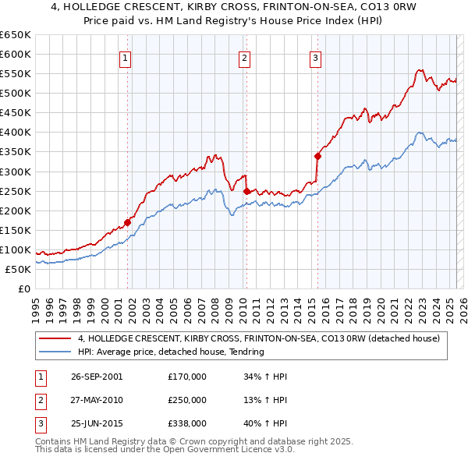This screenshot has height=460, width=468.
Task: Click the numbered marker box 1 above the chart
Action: (x=126, y=57)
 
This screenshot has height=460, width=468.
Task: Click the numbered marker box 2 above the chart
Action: (x=244, y=57)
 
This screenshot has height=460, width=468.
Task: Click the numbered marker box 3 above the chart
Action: (x=315, y=57)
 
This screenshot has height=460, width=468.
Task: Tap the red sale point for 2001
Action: (x=127, y=222)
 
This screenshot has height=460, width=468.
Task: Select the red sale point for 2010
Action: (x=246, y=191)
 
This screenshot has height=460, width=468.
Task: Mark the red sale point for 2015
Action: (x=317, y=156)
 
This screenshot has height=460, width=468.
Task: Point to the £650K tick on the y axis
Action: (x=16, y=35)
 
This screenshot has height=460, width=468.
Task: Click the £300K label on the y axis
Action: (x=16, y=172)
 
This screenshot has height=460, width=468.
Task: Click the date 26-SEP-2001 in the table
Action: (x=97, y=377)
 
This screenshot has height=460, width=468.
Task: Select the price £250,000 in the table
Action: (x=187, y=400)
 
